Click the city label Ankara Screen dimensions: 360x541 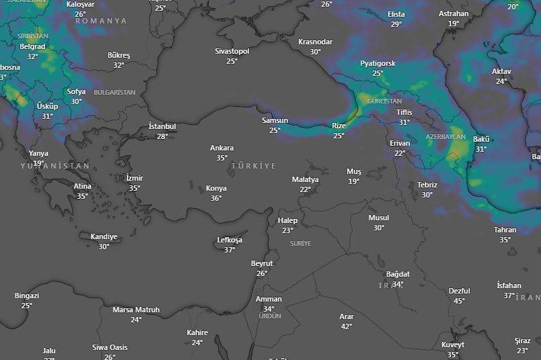pos(222,148)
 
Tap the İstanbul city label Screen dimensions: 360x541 pos(162,126)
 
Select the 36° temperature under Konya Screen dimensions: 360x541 pos(215,198)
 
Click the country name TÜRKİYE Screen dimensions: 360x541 pos(253,165)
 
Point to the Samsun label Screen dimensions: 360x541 pos(275,120)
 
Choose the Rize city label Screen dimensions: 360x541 pos(339,126)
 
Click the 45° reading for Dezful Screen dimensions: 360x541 pos(459,301)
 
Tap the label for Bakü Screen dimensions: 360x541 pos(481,139)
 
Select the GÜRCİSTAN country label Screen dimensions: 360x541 pos(385,101)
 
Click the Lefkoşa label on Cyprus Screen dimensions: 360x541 pos(230,240)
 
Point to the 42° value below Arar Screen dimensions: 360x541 pos(346,326)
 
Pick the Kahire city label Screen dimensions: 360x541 pos(197,332)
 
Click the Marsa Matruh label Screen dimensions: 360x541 pos(136,310)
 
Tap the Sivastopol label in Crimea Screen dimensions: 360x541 pos(232,51)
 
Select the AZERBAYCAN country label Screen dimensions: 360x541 pos(445,136)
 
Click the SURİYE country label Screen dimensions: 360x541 pos(301,243)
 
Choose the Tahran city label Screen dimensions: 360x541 pos(505,230)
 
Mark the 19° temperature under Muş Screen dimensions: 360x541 pos(354,181)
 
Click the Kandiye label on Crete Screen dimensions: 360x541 pos(104,236)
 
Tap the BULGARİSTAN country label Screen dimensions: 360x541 pos(114,92)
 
